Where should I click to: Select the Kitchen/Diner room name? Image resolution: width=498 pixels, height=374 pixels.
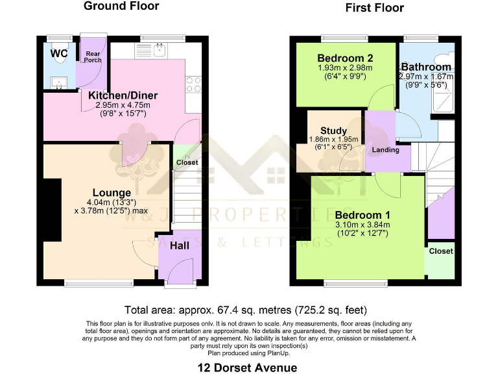[123, 95]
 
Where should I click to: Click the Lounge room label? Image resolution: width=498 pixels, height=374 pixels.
[112, 192]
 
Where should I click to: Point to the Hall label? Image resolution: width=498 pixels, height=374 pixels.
[180, 245]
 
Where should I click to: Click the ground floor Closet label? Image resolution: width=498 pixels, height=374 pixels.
[187, 163]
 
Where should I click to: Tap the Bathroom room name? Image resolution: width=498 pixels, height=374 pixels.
[426, 67]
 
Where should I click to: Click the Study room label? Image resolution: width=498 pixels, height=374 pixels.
[334, 131]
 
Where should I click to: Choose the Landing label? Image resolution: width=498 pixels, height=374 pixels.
[385, 149]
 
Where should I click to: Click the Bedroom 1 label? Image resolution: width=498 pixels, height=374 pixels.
[362, 215]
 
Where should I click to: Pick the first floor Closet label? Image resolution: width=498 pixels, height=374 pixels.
[441, 251]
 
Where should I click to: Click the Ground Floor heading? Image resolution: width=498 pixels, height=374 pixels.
[121, 6]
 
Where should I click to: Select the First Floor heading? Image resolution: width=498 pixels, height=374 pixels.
[374, 8]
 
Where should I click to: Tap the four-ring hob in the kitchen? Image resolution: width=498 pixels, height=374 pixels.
[193, 84]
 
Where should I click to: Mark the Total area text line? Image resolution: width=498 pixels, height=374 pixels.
[250, 310]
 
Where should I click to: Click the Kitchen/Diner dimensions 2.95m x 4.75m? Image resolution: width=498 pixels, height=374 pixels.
[123, 105]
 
